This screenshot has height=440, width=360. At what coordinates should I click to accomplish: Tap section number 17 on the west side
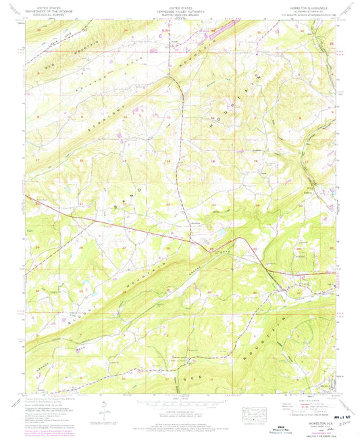(38, 159)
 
